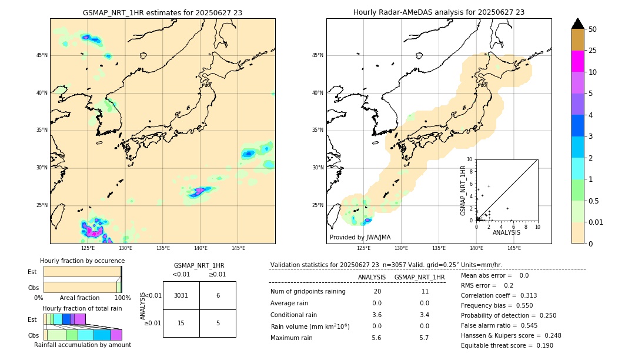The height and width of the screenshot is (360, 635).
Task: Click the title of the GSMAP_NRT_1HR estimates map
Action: [162, 12]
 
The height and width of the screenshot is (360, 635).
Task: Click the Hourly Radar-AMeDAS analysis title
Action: [439, 12]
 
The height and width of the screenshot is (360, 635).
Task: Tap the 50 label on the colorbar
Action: [593, 29]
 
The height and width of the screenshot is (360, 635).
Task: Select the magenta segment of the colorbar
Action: [577, 61]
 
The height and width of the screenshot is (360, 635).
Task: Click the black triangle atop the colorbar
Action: [577, 24]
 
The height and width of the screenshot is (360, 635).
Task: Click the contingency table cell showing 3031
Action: [181, 295]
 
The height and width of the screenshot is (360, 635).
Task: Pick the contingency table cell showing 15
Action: [181, 323]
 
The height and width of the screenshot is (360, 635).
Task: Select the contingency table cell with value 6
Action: [218, 295]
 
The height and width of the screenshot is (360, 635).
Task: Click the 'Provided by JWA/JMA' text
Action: [360, 237]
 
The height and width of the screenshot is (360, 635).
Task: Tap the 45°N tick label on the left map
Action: [42, 55]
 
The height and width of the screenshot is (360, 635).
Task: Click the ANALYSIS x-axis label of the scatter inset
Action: [506, 232]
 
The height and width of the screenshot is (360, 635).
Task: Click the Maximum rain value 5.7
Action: [423, 338]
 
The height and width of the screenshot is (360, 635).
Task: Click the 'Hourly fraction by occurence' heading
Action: [82, 261]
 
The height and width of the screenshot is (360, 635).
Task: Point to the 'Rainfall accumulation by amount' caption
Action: [82, 345]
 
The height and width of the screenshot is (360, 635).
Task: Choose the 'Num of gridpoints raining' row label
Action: [308, 292]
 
